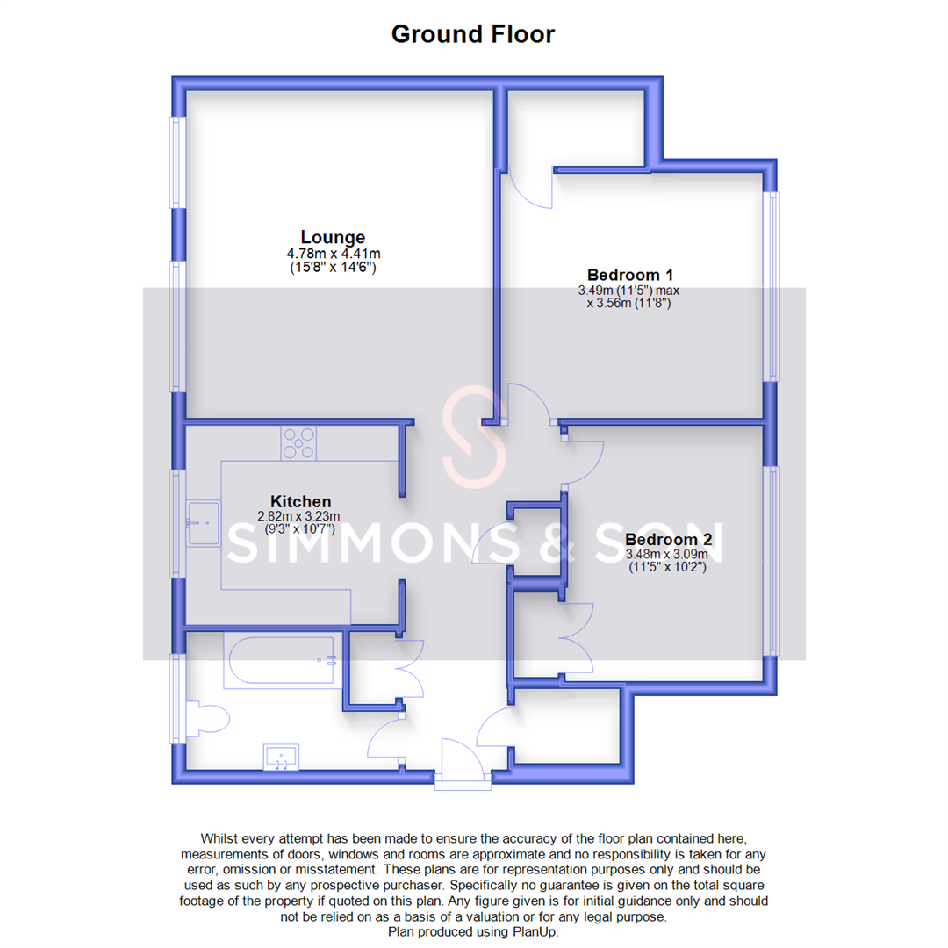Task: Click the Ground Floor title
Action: coord(472,34)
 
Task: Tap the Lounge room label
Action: coord(333,237)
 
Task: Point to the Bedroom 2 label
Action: coord(668,539)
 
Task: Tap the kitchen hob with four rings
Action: coord(299,443)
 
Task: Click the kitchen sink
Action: coord(204,523)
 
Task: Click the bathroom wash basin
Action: coord(282,756)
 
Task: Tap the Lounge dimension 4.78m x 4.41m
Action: coord(333,254)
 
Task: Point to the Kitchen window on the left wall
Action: coord(178,523)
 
